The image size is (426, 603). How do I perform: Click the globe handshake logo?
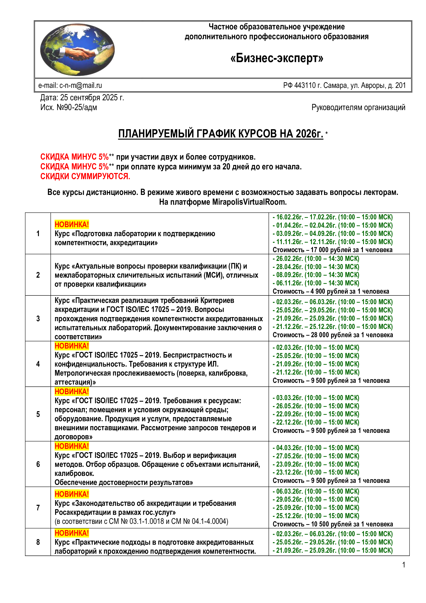click(77, 50)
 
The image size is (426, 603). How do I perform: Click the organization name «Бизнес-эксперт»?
click(276, 58)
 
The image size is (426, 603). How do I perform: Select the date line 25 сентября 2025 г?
click(82, 97)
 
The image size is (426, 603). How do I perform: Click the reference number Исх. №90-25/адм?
click(69, 108)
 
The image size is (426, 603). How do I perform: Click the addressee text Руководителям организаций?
click(358, 108)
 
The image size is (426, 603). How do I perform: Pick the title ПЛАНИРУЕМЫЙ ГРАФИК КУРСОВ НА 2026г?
click(220, 134)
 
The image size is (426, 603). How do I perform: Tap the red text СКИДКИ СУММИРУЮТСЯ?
click(85, 176)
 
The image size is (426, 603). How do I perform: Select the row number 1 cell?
click(38, 234)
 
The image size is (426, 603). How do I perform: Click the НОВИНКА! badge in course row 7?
click(72, 494)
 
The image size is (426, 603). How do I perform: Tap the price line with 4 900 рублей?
click(330, 291)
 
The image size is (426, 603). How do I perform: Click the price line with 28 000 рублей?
click(333, 335)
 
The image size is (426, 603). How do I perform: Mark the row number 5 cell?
click(38, 414)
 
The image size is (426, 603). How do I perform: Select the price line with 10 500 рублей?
click(333, 524)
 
